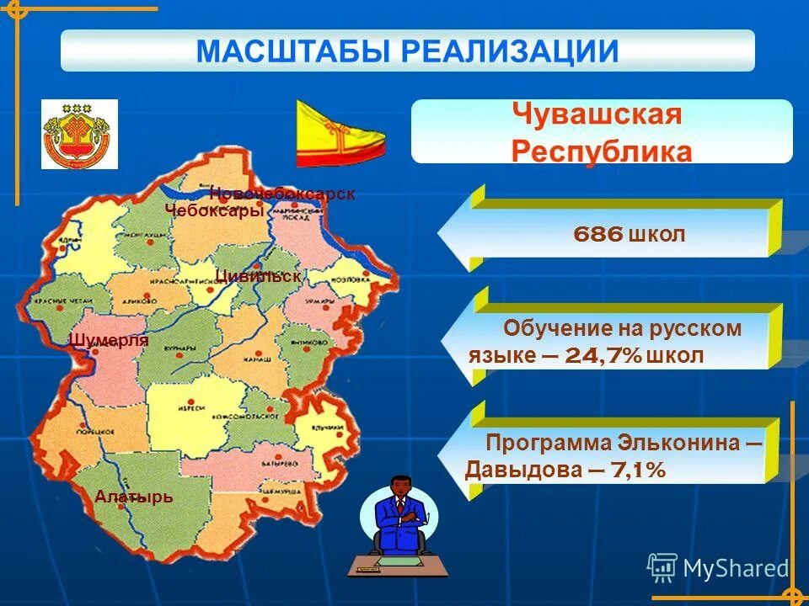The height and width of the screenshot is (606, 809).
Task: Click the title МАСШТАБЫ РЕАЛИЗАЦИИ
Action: [407, 50]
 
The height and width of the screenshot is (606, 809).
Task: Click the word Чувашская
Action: [596, 116]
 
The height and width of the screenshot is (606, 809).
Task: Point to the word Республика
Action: [601, 151]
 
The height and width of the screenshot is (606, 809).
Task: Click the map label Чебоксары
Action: [214, 211]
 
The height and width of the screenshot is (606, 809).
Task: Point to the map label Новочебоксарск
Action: [282, 194]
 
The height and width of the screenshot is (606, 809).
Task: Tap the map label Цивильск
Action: [258, 275]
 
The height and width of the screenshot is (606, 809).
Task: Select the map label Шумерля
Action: [110, 340]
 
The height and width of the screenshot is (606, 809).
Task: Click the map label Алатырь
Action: [134, 497]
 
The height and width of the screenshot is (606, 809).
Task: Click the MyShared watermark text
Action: [735, 568]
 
